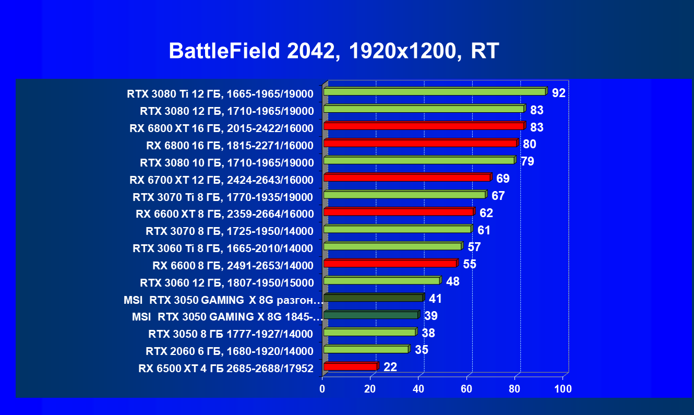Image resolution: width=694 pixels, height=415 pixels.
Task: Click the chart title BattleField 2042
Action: pyautogui.click(x=334, y=51)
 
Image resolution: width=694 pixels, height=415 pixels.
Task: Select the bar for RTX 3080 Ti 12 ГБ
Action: pyautogui.click(x=434, y=92)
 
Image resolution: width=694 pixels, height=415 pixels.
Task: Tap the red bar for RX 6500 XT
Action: pyautogui.click(x=350, y=366)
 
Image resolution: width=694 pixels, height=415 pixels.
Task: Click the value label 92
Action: pyautogui.click(x=559, y=93)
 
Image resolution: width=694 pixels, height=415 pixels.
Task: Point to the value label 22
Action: pyautogui.click(x=390, y=367)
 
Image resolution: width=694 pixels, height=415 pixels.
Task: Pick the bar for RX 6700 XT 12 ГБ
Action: pyautogui.click(x=407, y=177)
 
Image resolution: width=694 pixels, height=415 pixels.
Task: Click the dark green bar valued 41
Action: pyautogui.click(x=373, y=298)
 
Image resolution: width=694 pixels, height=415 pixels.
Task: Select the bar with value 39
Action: pyautogui.click(x=370, y=315)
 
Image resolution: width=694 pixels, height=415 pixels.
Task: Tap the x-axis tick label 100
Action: pyautogui.click(x=563, y=389)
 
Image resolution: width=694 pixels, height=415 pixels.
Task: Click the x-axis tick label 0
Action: pyautogui.click(x=322, y=389)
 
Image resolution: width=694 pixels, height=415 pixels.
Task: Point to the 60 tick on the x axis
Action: pyautogui.click(x=466, y=389)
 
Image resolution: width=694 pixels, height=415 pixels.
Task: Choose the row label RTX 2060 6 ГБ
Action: pyautogui.click(x=231, y=351)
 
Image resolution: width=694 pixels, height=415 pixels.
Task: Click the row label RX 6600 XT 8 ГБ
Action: pyautogui.click(x=224, y=214)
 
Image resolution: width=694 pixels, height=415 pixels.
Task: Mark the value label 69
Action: pyautogui.click(x=503, y=179)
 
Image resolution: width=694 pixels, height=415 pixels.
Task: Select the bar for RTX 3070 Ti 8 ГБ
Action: pyautogui.click(x=404, y=195)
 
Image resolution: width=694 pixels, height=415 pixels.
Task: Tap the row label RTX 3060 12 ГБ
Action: pyautogui.click(x=226, y=283)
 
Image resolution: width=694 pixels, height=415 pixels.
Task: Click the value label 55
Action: pyautogui.click(x=470, y=264)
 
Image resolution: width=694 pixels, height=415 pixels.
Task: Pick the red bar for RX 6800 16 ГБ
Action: pyautogui.click(x=420, y=143)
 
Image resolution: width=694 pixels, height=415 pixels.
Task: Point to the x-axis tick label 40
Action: pyautogui.click(x=418, y=389)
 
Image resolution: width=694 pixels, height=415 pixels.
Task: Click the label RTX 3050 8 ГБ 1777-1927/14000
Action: pyautogui.click(x=231, y=334)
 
